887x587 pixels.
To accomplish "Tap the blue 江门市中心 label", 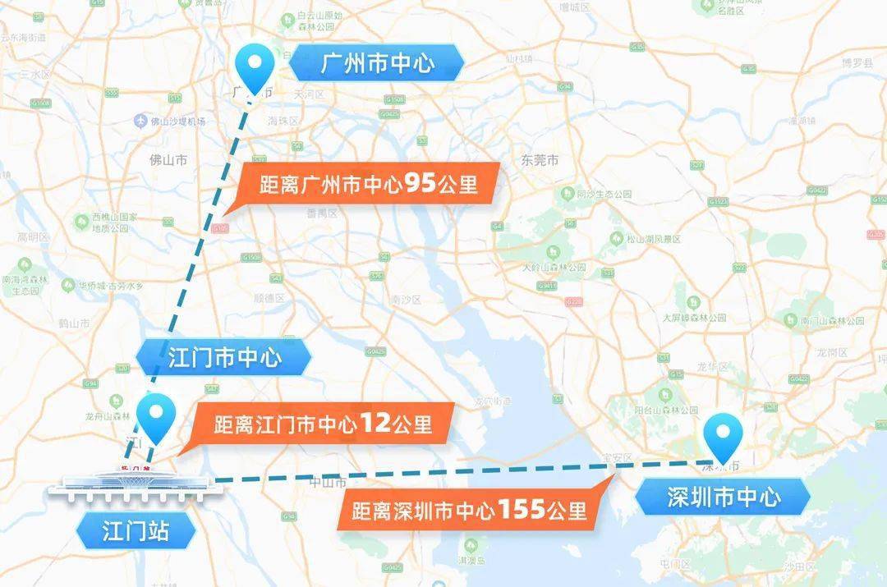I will tap(224, 358).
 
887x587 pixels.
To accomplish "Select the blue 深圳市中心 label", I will tap(723, 496).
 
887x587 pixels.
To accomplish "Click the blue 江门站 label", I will tap(136, 530).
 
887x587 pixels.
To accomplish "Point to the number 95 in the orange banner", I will tap(420, 183).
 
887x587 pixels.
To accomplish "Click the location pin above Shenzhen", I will tap(724, 438).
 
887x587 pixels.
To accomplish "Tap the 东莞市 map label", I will tap(539, 161).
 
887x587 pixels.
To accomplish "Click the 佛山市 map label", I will tap(168, 159).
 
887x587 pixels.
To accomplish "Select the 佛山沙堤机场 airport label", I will tap(176, 122).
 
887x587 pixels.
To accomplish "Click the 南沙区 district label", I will tap(406, 300).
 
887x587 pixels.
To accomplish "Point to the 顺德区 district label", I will tap(269, 298).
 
